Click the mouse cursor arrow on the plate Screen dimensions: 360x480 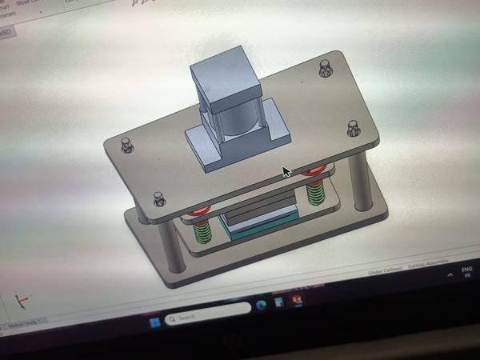[286, 172]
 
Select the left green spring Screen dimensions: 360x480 [203, 231]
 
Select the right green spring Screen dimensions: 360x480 [315, 193]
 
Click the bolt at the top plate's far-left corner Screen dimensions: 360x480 [126, 145]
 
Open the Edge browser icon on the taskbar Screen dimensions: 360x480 [261, 306]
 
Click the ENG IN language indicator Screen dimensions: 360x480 [466, 272]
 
